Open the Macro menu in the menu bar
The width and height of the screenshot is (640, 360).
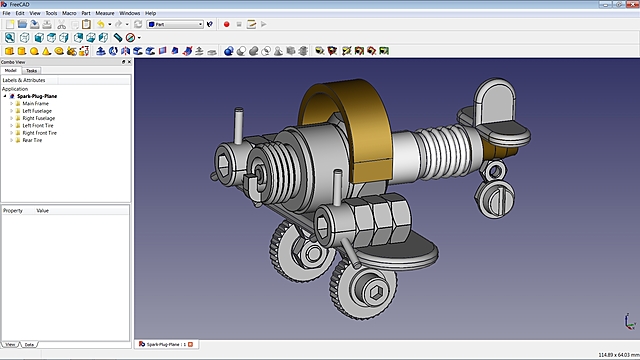[x=69, y=13]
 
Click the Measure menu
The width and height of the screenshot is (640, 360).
[x=105, y=13]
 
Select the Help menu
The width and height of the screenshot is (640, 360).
[x=150, y=13]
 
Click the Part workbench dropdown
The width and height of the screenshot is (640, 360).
[x=175, y=23]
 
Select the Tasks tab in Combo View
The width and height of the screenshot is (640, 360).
[x=32, y=71]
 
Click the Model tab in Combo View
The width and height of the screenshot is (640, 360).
[x=10, y=71]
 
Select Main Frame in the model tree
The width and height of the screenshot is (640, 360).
[x=36, y=103]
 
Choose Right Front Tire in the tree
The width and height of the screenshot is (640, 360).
[x=43, y=132]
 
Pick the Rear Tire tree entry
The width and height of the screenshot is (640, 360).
[x=34, y=140]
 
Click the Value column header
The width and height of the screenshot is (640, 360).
[x=43, y=211]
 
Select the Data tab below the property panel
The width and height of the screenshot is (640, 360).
[x=30, y=344]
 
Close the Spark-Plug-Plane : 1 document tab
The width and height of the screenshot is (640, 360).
[x=190, y=344]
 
